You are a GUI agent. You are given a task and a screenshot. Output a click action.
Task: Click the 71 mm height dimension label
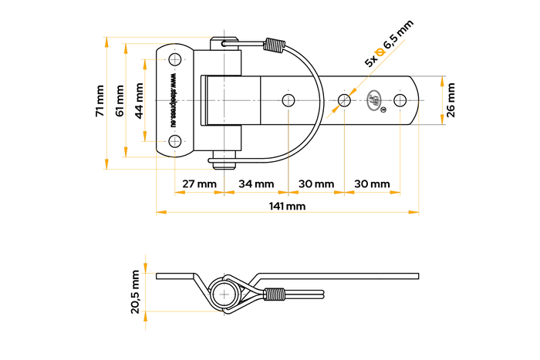coord(100,101)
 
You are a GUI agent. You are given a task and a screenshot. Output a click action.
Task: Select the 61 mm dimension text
coord(119,101)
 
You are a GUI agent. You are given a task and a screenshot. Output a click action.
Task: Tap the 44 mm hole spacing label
coord(139,101)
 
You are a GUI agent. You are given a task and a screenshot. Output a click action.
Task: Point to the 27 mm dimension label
coord(199,184)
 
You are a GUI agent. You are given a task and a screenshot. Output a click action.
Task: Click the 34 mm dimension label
coord(256,184)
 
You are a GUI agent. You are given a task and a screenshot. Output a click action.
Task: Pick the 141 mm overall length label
coord(287,207)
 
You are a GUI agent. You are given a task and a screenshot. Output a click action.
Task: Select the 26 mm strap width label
coord(451,100)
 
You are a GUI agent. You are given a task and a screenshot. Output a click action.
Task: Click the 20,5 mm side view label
coord(136,292)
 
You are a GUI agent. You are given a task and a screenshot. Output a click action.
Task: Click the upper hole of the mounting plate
coord(175,60)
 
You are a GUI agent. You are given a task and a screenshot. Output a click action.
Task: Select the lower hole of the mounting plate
coord(175,140)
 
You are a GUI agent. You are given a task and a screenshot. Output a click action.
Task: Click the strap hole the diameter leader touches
coord(344,100)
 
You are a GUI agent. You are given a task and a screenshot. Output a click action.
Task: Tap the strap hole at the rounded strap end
coord(400,100)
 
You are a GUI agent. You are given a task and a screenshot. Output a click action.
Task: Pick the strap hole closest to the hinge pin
coord(289,100)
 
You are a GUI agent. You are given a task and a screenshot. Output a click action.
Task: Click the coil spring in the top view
coord(272,45)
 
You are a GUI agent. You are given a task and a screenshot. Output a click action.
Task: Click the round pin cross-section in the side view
coord(225,293)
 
